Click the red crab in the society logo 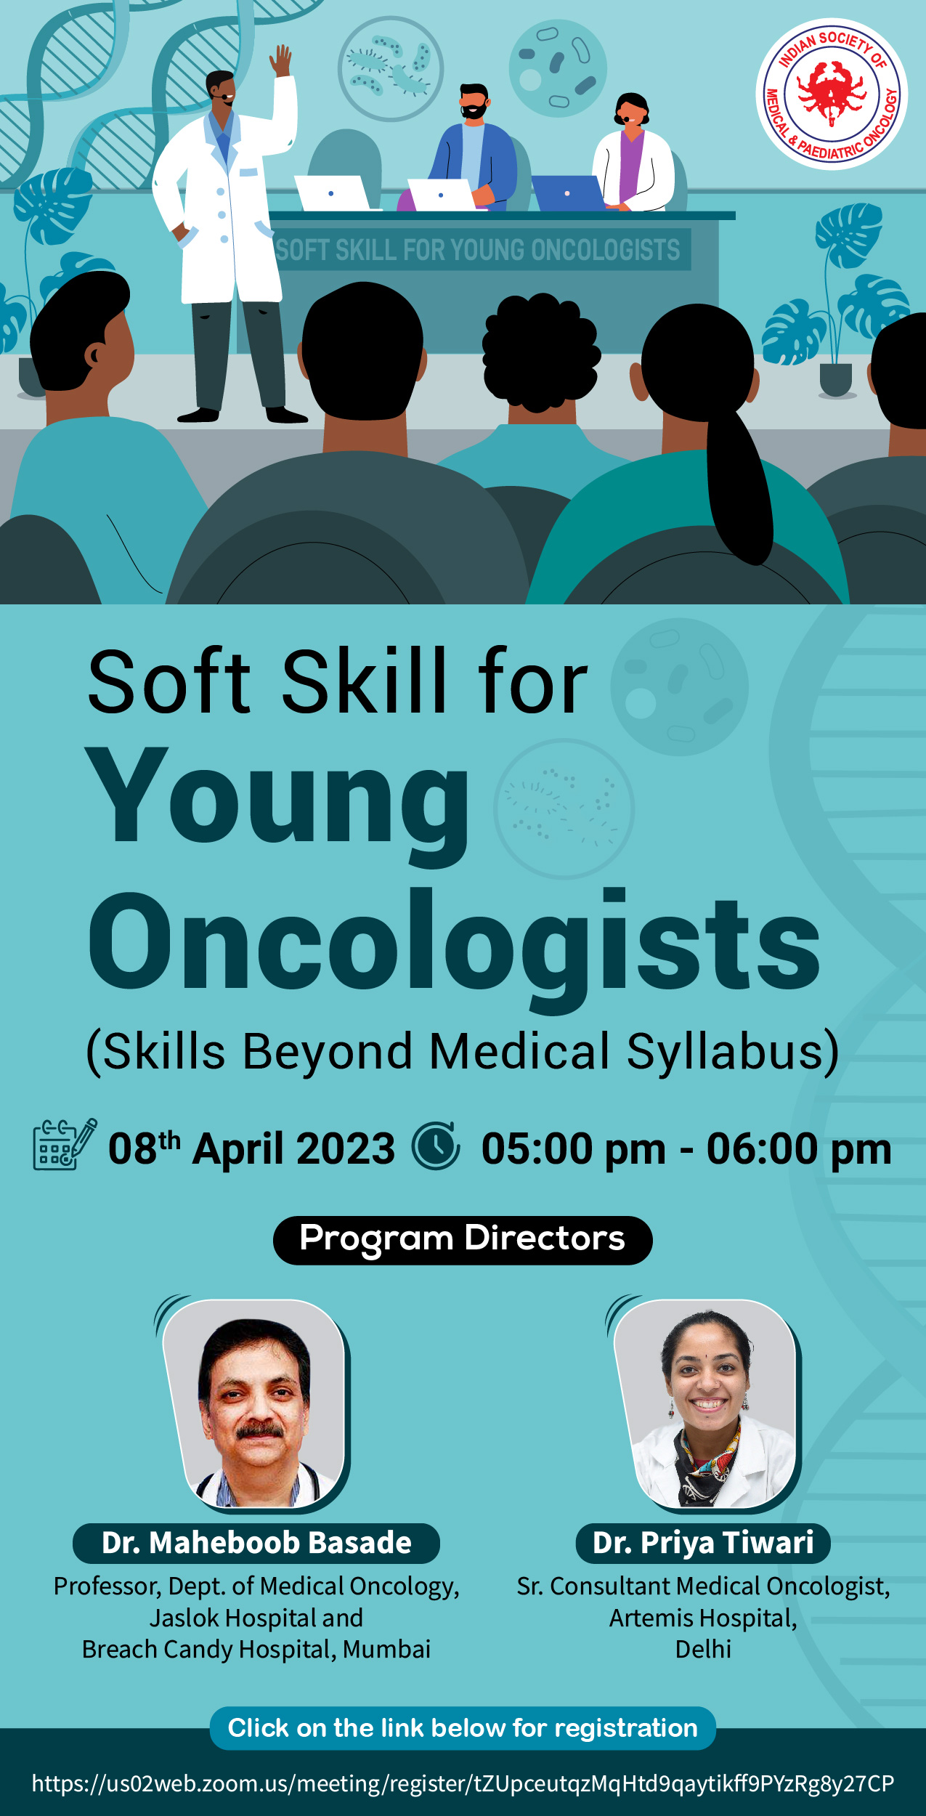[x=832, y=93]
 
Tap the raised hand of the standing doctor [x=281, y=60]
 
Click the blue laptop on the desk [x=568, y=193]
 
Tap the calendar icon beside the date [x=65, y=1144]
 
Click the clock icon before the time [x=436, y=1146]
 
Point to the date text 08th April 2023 [x=251, y=1148]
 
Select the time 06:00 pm [x=799, y=1149]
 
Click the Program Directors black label [x=463, y=1241]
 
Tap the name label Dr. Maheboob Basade [x=256, y=1543]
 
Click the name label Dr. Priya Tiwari [x=703, y=1543]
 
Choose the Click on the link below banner [x=463, y=1728]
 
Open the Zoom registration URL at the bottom [x=463, y=1783]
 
